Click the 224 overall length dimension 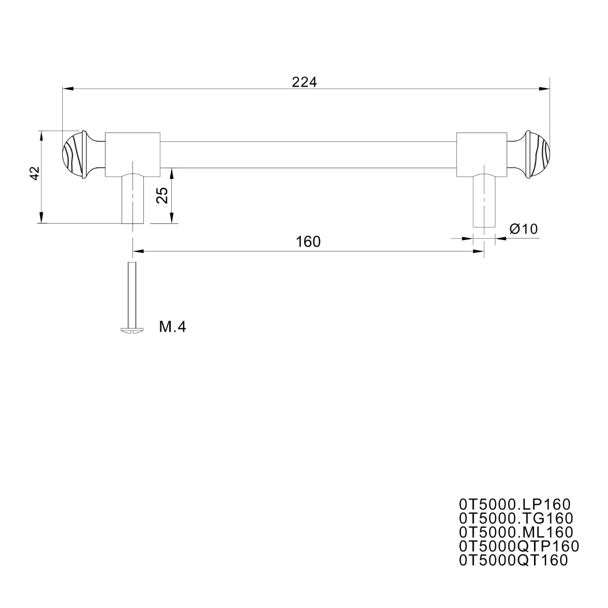click(x=304, y=83)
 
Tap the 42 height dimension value click(x=35, y=173)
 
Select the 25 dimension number click(x=163, y=196)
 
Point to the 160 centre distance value click(x=308, y=242)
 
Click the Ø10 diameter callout click(x=523, y=229)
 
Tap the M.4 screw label click(x=173, y=327)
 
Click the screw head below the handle click(x=132, y=329)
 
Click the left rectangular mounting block click(x=133, y=155)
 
